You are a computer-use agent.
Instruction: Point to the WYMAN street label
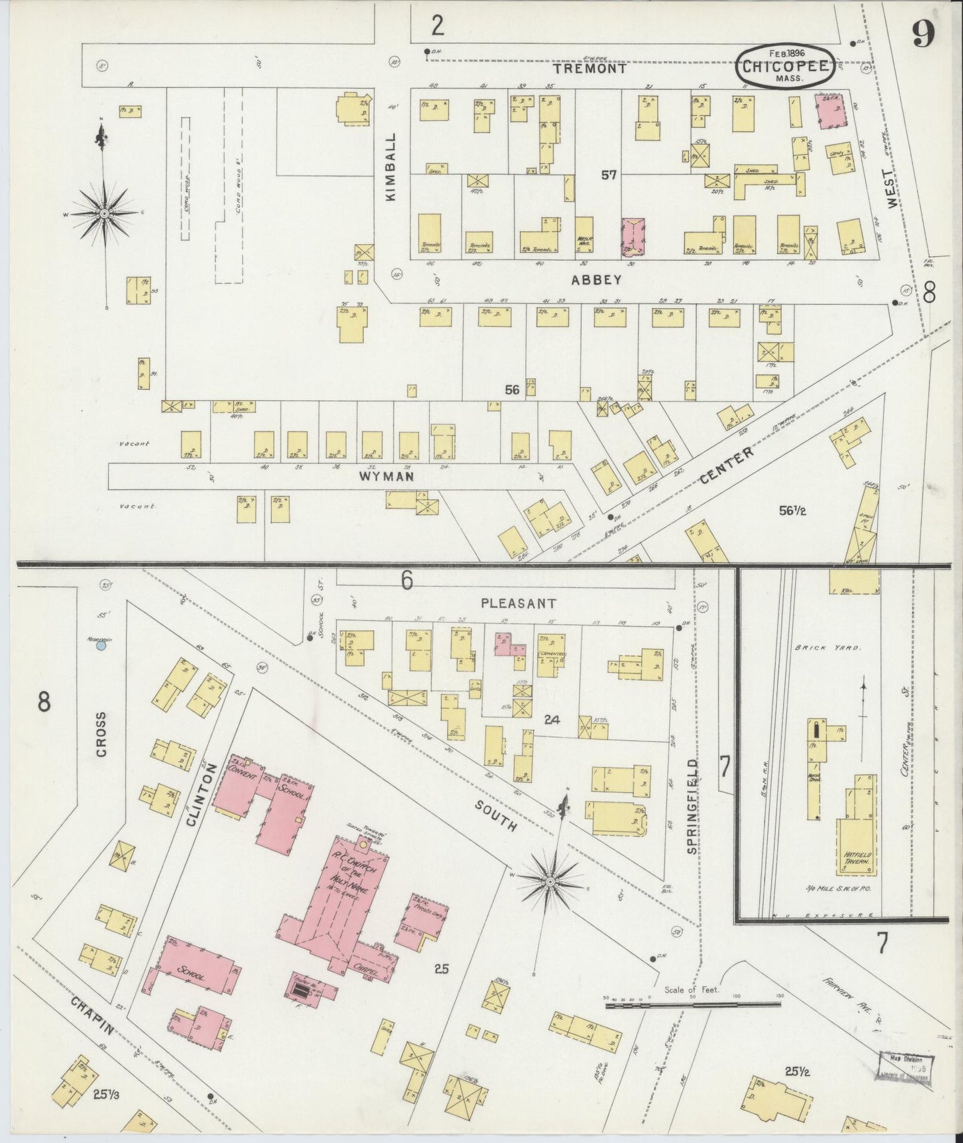tap(387, 476)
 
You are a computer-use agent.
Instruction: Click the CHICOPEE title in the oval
tap(785, 67)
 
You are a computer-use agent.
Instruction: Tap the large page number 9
tap(922, 33)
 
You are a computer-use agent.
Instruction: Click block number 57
tap(608, 175)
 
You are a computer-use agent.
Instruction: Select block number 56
tap(511, 390)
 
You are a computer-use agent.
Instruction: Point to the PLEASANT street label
tap(518, 603)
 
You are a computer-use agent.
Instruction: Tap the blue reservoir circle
tap(101, 646)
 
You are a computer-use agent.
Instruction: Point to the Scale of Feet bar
tap(693, 1003)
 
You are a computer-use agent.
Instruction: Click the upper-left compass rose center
tap(104, 213)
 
